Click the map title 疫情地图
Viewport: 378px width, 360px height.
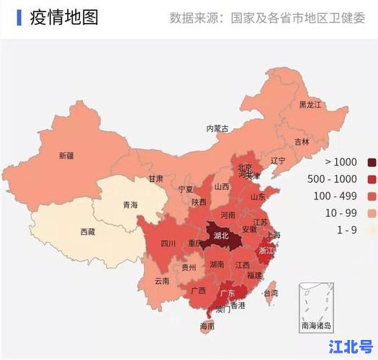[64, 17]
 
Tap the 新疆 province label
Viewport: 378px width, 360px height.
[66, 156]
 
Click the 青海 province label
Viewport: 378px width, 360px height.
[130, 204]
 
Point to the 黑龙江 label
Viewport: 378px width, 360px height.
[310, 104]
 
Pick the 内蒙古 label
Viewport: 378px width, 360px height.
[217, 128]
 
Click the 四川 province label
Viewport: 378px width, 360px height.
[168, 243]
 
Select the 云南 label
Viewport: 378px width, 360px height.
[162, 281]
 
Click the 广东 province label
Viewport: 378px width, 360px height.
[227, 293]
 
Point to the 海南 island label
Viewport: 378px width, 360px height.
[207, 326]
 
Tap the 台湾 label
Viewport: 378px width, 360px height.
[270, 293]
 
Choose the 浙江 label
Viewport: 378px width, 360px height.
[266, 251]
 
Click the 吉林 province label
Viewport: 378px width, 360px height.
[302, 142]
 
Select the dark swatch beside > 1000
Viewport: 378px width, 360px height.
[372, 162]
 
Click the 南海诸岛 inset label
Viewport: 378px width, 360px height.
[317, 325]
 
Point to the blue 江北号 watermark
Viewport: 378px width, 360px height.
[351, 345]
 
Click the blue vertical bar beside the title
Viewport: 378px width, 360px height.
[19, 17]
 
